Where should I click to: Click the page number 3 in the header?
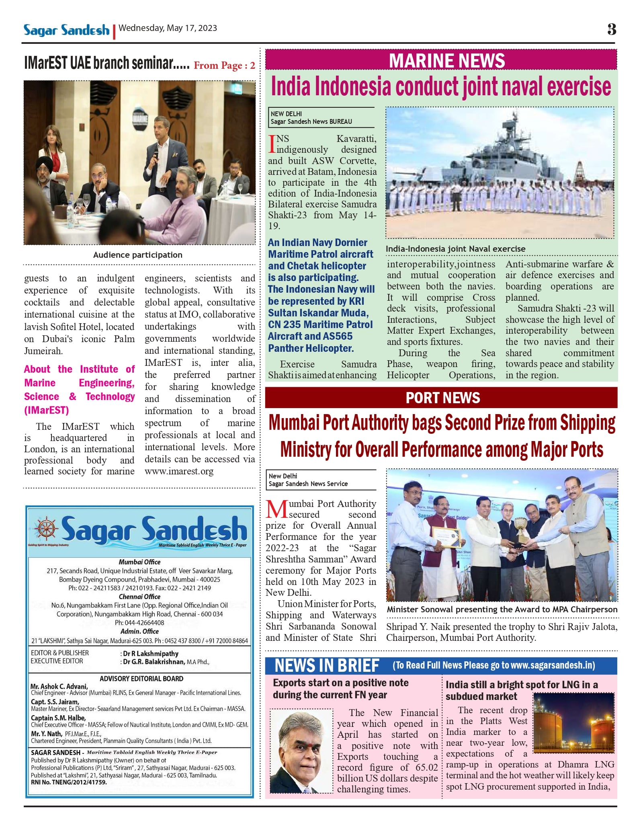tap(611, 29)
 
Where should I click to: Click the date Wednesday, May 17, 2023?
tap(168, 28)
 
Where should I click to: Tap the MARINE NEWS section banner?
tap(446, 61)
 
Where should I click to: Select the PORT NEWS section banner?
tap(442, 398)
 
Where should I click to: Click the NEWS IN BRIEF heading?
tap(327, 666)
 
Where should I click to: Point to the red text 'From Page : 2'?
tap(224, 66)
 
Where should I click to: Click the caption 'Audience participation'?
tap(138, 255)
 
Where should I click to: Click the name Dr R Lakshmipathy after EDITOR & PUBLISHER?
tap(151, 654)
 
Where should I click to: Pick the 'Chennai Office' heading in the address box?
tap(139, 597)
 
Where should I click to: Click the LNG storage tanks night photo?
tap(574, 722)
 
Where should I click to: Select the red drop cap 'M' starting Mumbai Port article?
tap(276, 509)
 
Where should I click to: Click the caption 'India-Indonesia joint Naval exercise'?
tap(455, 249)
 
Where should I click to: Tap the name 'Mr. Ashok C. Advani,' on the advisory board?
tap(59, 686)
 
